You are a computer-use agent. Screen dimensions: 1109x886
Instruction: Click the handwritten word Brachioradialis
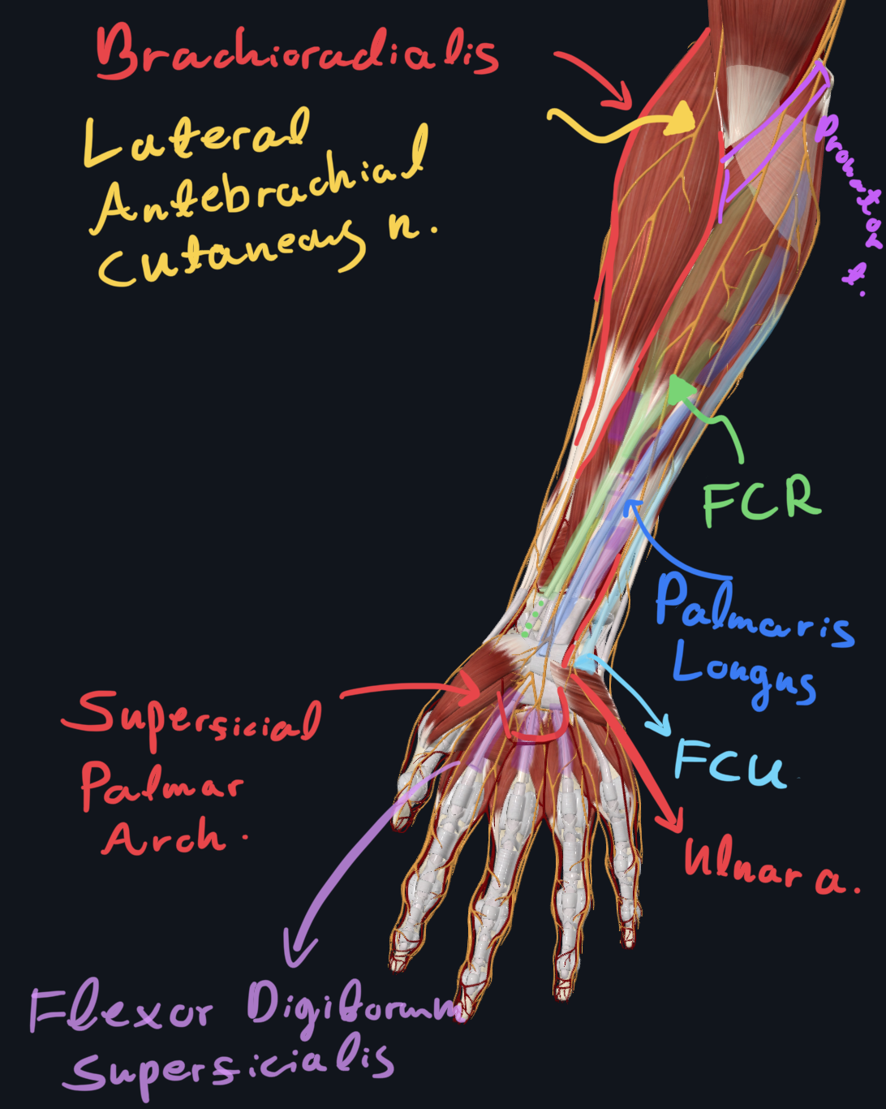[296, 51]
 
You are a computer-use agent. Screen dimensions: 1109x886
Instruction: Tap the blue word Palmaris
[754, 613]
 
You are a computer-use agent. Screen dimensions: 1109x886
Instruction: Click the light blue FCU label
[729, 763]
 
